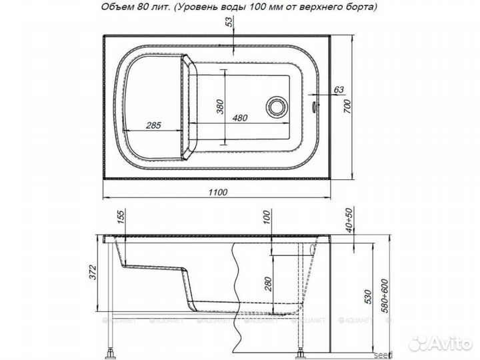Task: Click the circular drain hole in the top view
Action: point(275,106)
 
